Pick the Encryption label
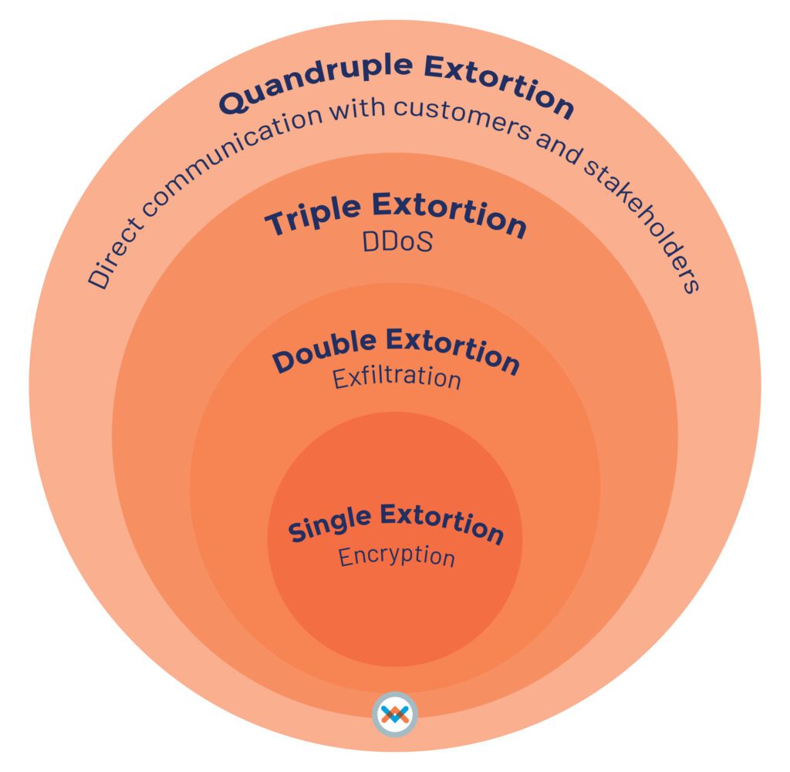click(x=397, y=557)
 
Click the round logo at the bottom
click(x=394, y=715)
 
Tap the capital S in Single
click(x=296, y=533)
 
